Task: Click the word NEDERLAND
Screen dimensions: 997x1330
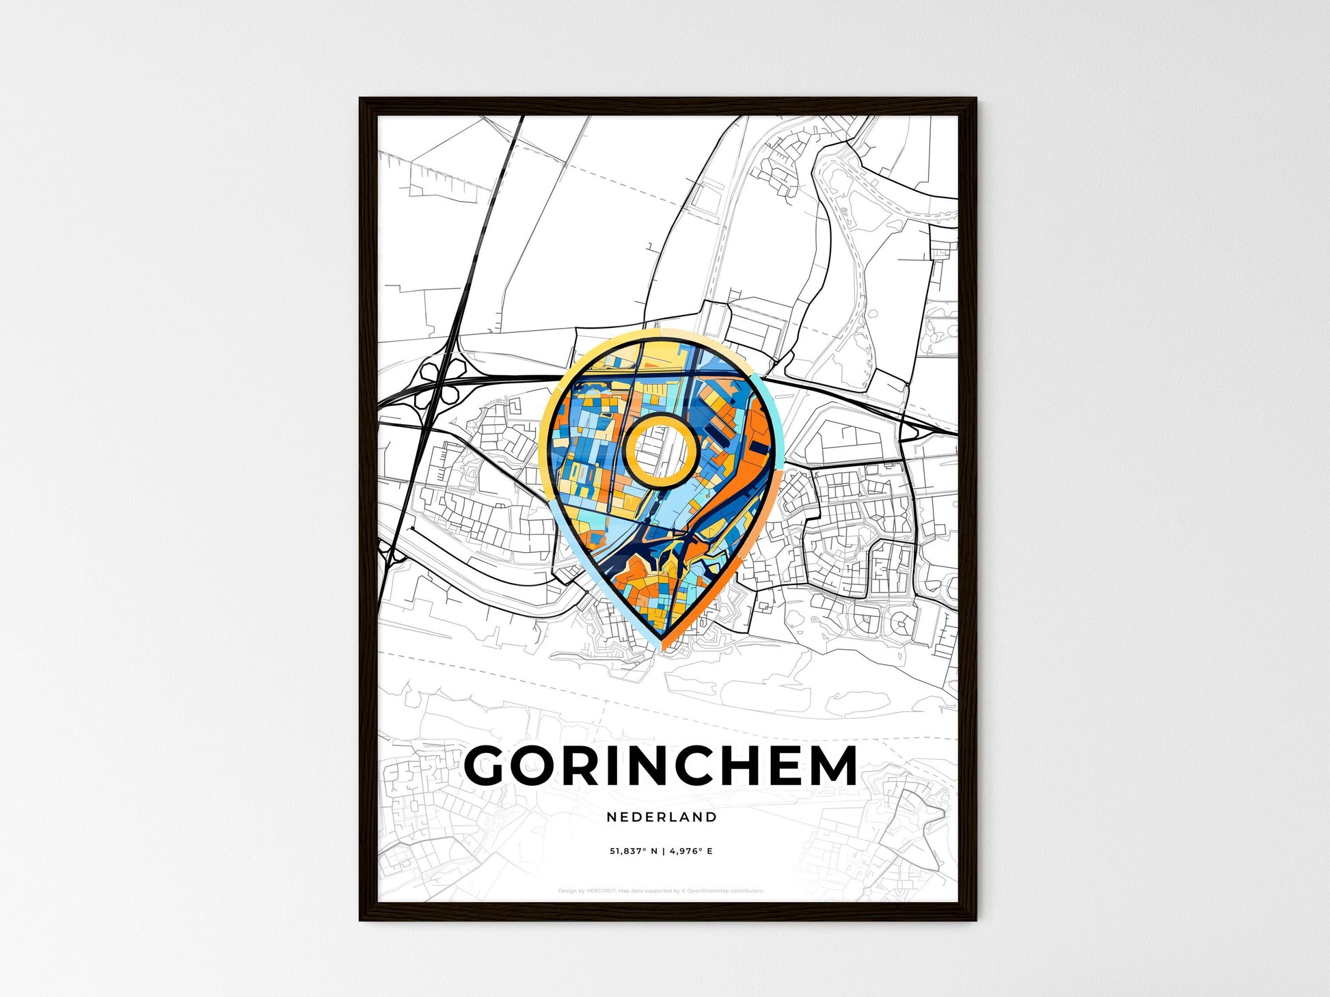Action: (x=662, y=817)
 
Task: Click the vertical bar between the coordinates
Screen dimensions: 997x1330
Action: (x=662, y=851)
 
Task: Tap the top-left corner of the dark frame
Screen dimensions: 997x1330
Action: (x=361, y=99)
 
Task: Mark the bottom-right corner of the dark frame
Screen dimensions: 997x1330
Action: (x=975, y=919)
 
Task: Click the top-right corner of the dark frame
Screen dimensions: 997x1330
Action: (x=975, y=99)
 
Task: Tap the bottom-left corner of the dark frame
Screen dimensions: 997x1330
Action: (x=361, y=919)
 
